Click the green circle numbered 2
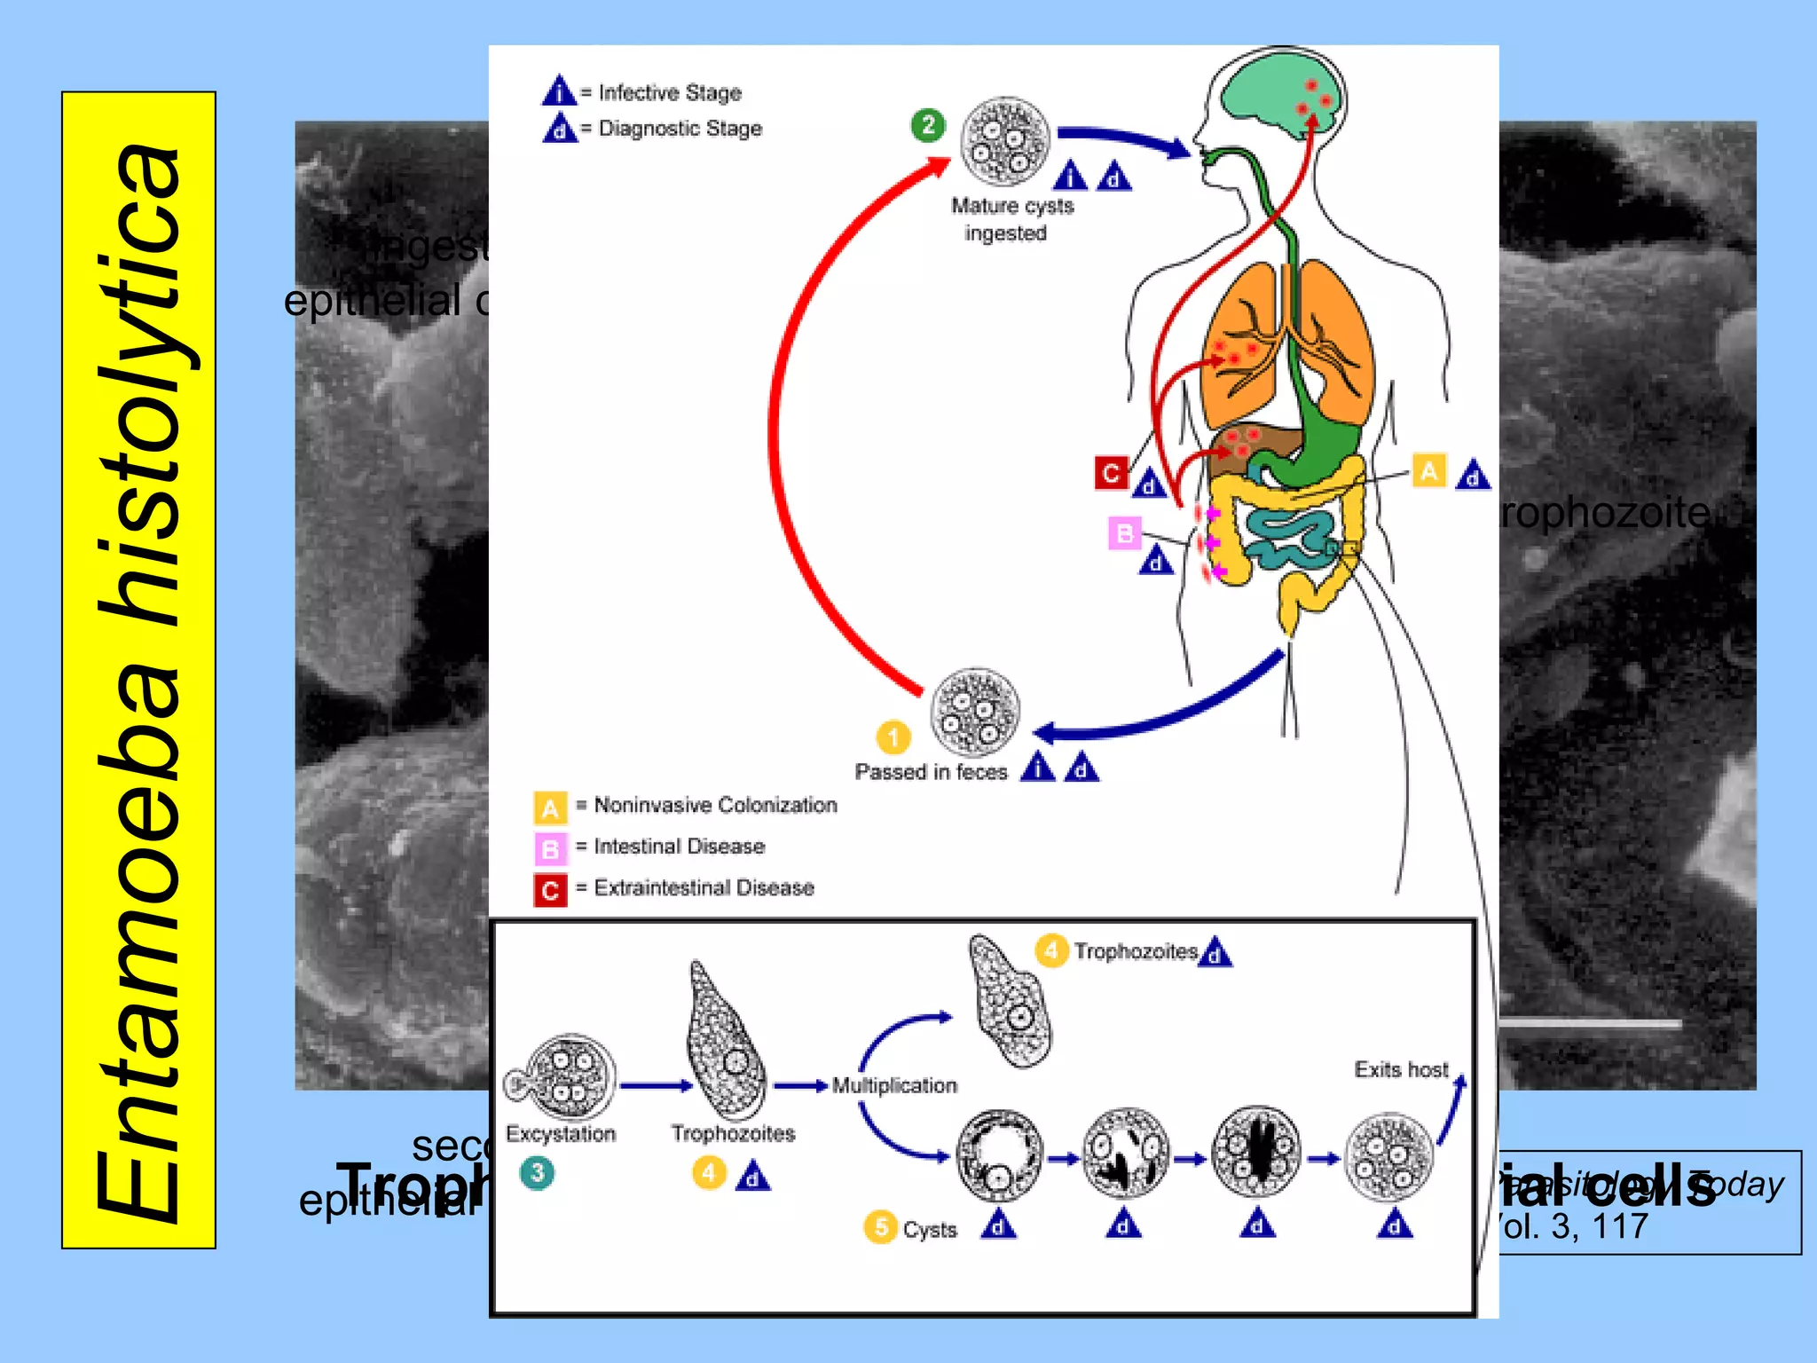pyautogui.click(x=928, y=125)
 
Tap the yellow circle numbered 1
pyautogui.click(x=893, y=737)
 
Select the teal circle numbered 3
pyautogui.click(x=537, y=1173)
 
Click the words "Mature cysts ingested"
pyautogui.click(x=1011, y=219)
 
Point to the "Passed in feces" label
pyautogui.click(x=931, y=772)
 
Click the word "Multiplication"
pyautogui.click(x=894, y=1085)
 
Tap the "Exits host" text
pyautogui.click(x=1401, y=1069)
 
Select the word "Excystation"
pyautogui.click(x=561, y=1133)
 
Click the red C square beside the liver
pyautogui.click(x=1111, y=473)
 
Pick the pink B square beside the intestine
pyautogui.click(x=1124, y=533)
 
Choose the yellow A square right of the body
pyautogui.click(x=1428, y=470)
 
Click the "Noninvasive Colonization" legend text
pyautogui.click(x=715, y=805)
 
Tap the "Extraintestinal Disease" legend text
pyautogui.click(x=704, y=887)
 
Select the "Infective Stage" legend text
pyautogui.click(x=670, y=92)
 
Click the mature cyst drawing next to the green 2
pyautogui.click(x=1005, y=141)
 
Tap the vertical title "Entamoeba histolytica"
pyautogui.click(x=138, y=670)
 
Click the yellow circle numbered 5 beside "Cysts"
pyautogui.click(x=880, y=1227)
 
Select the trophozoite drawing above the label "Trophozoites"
pyautogui.click(x=726, y=1043)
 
